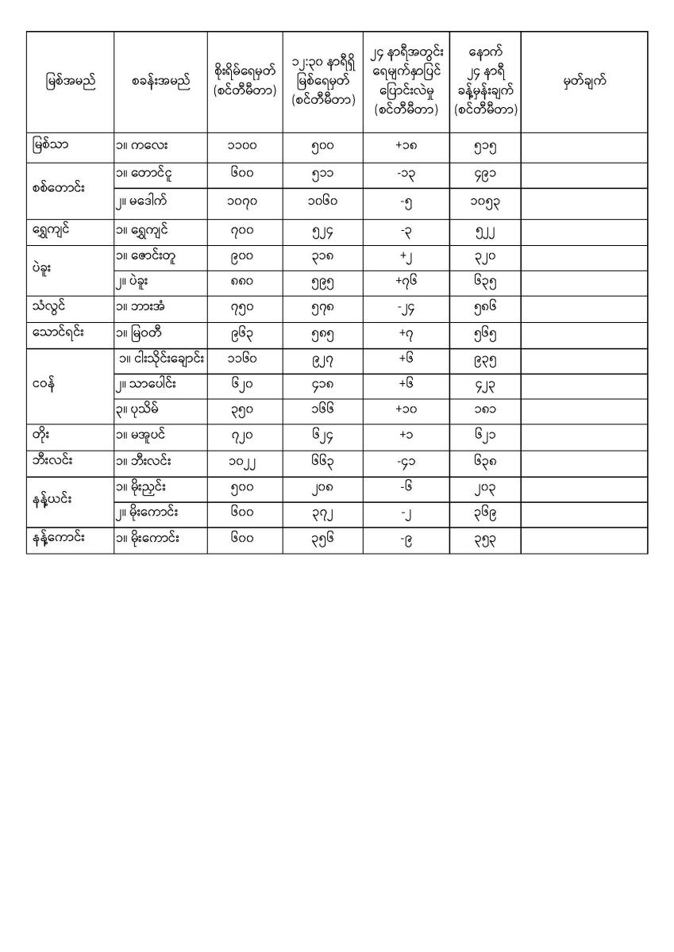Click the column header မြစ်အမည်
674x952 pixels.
[x=71, y=82]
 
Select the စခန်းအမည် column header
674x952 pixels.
[x=161, y=82]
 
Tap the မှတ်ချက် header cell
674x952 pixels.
[x=584, y=82]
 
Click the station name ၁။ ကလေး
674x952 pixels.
[x=142, y=147]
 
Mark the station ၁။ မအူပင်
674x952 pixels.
[x=148, y=436]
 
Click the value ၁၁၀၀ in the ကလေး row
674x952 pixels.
[x=245, y=147]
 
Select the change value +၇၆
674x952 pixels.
[x=406, y=282]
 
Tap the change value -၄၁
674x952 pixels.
[x=406, y=463]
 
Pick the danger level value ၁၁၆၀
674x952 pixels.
[x=245, y=360]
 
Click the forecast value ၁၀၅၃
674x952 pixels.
[x=484, y=202]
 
